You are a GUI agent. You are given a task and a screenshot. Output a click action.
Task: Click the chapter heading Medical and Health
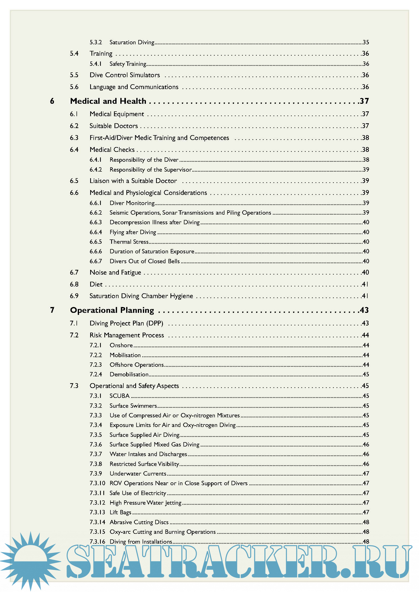108,101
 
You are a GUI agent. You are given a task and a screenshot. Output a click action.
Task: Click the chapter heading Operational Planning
112,310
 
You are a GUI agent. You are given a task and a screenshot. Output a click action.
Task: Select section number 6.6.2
96,213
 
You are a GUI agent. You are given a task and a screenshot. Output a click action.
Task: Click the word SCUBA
120,396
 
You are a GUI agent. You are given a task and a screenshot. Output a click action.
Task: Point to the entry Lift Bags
120,512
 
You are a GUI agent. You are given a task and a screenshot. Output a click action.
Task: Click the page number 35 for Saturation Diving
366,42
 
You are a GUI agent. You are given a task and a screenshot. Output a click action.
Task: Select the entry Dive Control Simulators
125,75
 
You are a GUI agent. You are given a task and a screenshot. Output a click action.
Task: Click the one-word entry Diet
96,284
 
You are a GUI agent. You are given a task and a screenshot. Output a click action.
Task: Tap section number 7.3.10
97,483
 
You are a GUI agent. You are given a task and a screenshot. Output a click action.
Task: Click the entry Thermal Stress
129,242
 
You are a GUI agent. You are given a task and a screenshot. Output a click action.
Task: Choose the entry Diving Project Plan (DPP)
126,323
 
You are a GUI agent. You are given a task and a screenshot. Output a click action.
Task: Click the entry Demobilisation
129,374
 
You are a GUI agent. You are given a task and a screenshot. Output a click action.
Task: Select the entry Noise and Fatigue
115,273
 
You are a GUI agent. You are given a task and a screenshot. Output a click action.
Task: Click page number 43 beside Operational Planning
364,310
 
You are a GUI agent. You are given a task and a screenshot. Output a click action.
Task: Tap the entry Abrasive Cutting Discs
139,522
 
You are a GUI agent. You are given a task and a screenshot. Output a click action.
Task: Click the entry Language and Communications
134,87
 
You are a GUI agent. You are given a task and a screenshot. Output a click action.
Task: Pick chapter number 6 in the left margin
52,101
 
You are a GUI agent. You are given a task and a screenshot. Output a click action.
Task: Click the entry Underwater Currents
138,474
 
